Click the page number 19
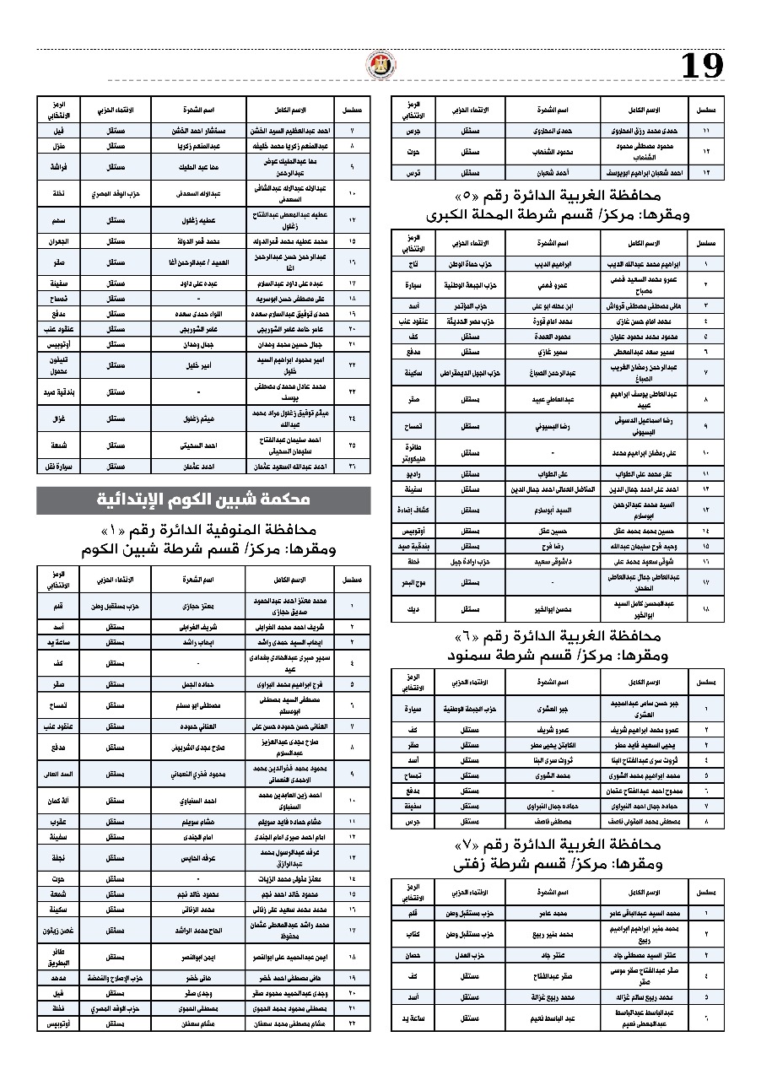click(702, 66)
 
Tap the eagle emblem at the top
click(375, 65)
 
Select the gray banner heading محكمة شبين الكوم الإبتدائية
click(203, 500)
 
